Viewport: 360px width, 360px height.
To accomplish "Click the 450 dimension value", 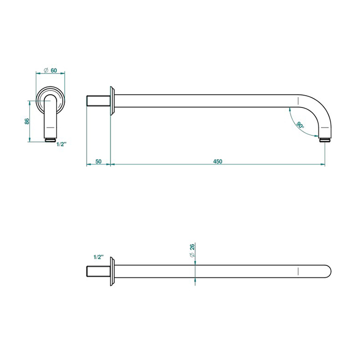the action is click(x=218, y=161).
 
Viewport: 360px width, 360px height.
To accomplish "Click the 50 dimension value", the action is click(x=98, y=161).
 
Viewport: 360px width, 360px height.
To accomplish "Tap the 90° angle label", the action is click(x=300, y=125).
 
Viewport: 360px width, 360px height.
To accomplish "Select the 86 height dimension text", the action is click(x=27, y=121).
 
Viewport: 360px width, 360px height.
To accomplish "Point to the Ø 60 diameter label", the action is click(x=50, y=70).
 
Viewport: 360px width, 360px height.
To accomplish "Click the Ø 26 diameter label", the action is click(x=192, y=250).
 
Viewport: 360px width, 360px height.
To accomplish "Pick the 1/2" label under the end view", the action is click(x=61, y=144).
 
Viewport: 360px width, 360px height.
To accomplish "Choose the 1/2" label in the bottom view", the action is click(x=99, y=257).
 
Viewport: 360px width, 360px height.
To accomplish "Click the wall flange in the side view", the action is click(x=112, y=101).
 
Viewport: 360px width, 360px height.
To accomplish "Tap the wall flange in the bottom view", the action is click(x=112, y=272).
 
